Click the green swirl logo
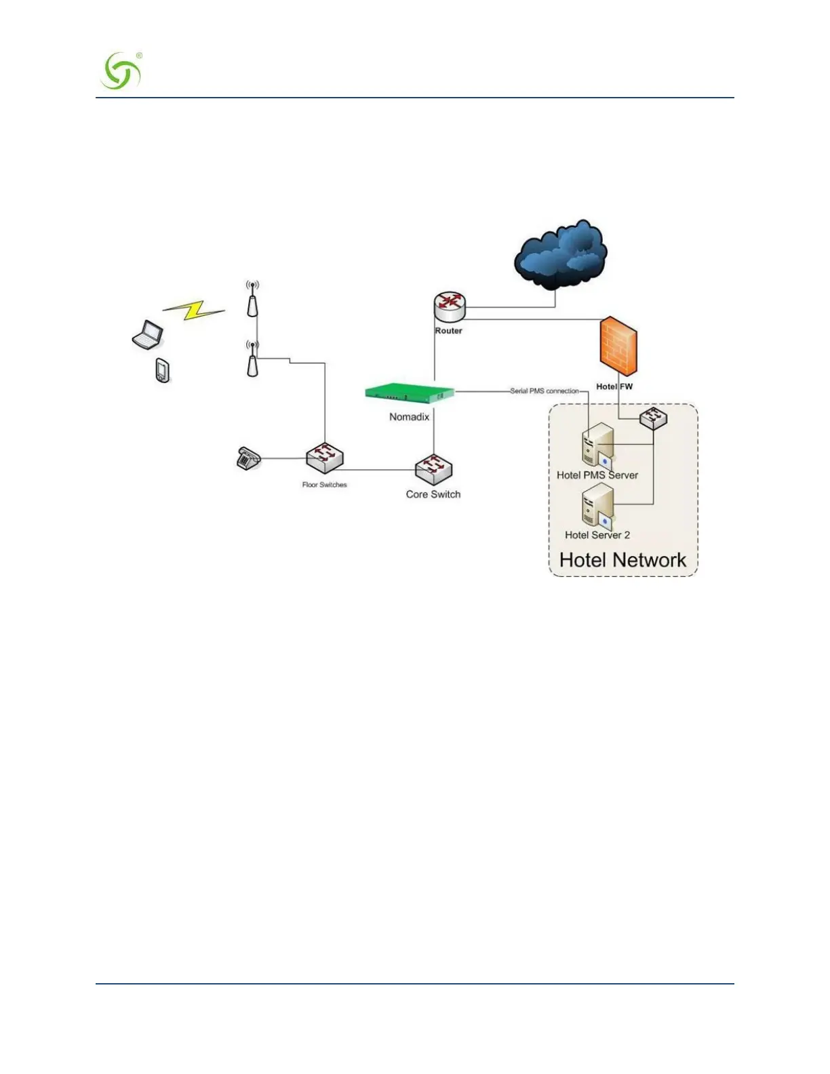click(x=121, y=71)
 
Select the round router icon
click(x=450, y=306)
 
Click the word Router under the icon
click(x=448, y=331)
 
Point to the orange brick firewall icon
click(x=618, y=345)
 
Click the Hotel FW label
click(x=614, y=386)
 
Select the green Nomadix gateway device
click(x=410, y=393)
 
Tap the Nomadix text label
click(x=409, y=417)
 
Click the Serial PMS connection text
click(x=545, y=391)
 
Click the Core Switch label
click(x=433, y=495)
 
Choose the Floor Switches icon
click(x=324, y=458)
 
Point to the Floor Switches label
click(x=324, y=485)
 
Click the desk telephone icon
click(x=248, y=459)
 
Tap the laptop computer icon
click(x=148, y=335)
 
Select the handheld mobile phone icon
click(x=163, y=370)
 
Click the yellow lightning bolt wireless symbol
click(x=194, y=311)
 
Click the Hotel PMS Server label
click(x=597, y=475)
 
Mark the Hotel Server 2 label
click(x=597, y=535)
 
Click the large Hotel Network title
click(x=622, y=560)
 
